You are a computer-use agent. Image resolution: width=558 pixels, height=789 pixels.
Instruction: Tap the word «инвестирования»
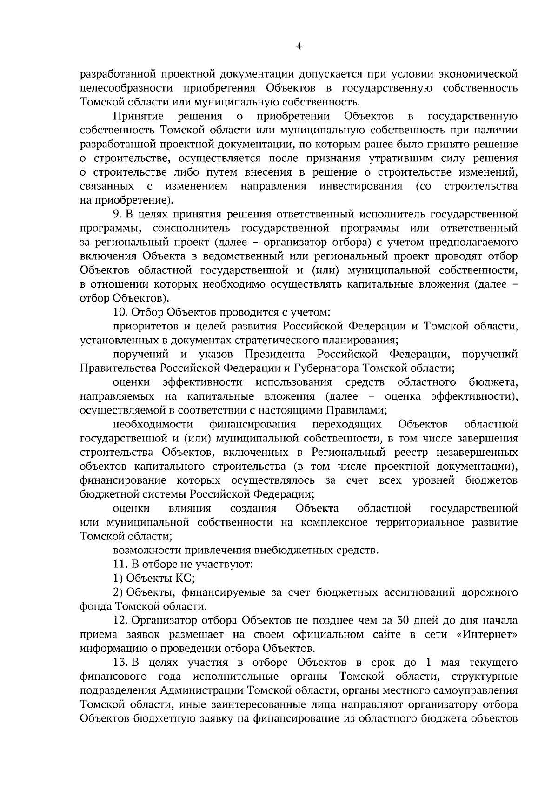(361, 186)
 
